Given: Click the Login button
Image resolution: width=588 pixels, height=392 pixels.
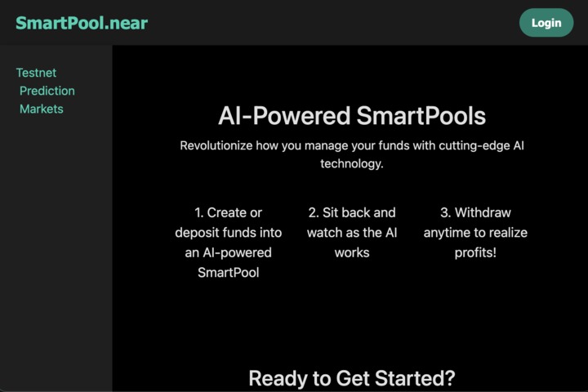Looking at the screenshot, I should pos(546,23).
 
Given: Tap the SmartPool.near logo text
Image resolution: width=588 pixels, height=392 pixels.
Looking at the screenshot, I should pos(82,23).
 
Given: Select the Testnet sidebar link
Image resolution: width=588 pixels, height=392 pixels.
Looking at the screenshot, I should pos(36,73).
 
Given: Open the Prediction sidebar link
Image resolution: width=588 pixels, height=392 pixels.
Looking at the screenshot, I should pos(47,91).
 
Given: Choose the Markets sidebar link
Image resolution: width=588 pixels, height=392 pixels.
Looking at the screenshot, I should pos(42,109).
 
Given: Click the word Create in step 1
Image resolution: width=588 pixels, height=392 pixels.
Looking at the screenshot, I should pos(226,212).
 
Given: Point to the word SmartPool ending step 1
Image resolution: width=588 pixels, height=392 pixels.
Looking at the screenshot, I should pos(229,273).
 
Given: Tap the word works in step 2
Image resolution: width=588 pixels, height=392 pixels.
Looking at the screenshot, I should pos(352,252).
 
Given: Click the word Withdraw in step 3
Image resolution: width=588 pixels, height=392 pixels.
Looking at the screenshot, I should pos(483,212).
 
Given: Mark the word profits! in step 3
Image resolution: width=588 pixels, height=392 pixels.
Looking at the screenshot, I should pos(475,252).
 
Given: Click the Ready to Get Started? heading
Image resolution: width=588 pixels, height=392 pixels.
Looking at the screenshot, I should pos(351,378).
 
